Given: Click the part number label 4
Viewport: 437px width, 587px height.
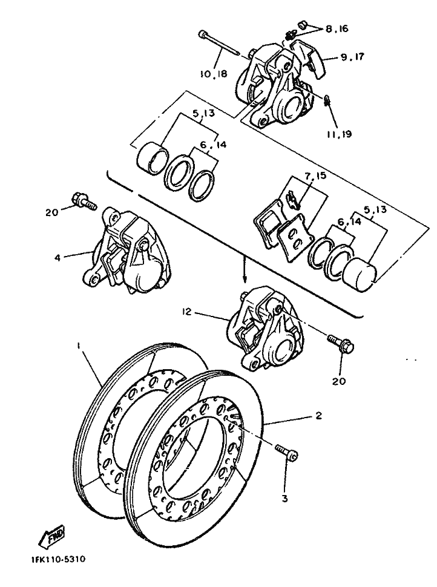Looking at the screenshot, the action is (57, 258).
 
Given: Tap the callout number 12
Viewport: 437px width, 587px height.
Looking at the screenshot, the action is (187, 312).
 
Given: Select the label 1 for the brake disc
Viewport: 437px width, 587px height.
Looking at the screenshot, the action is (79, 347).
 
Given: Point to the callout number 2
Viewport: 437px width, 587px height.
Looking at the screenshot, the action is (318, 416).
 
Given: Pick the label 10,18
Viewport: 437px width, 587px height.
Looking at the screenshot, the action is (213, 73).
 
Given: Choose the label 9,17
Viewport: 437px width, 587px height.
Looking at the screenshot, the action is (352, 57).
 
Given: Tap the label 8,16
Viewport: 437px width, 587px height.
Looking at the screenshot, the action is (337, 28).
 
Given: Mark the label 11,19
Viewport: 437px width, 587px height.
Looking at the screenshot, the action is (339, 134).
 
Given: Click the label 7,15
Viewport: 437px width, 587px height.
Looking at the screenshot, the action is (315, 176).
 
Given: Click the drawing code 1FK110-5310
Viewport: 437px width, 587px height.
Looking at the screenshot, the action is (58, 559).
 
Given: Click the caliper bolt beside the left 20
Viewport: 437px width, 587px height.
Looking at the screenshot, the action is (84, 201).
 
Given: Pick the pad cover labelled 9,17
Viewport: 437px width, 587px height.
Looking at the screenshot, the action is (309, 59).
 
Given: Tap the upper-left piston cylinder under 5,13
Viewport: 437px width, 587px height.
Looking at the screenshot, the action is (151, 159).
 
